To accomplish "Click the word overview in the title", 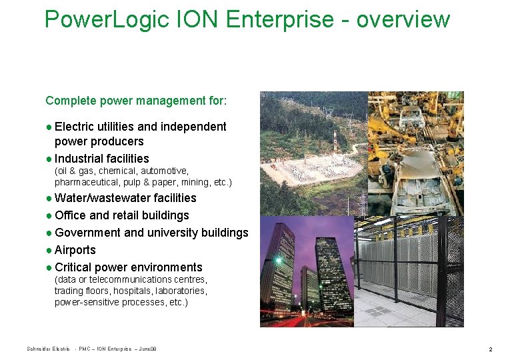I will coord(403,19).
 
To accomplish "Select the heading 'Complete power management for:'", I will coord(136,101).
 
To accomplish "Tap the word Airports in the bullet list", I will coord(75,250).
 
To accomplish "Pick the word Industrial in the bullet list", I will coord(78,159).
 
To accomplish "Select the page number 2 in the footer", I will coord(490,349).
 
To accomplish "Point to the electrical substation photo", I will coord(313,153).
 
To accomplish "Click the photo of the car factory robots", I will coord(415,153).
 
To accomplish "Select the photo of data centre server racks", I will coord(409,272).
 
